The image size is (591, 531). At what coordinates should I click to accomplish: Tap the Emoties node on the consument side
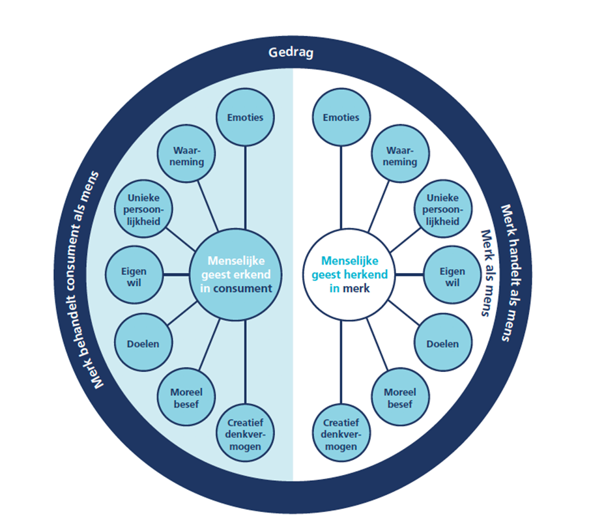pos(245,118)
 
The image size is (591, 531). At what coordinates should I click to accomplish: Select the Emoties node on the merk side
pos(341,118)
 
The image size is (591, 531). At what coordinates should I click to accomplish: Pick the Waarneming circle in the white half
pos(400,156)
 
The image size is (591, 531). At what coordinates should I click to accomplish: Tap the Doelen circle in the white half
pos(442,343)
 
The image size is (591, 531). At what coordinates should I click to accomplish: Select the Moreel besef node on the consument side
pos(186,397)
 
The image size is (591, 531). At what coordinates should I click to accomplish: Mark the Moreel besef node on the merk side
pos(400,397)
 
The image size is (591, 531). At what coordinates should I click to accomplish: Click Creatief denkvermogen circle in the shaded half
pos(245,433)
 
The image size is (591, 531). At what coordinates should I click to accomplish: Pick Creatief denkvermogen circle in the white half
pos(341,433)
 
